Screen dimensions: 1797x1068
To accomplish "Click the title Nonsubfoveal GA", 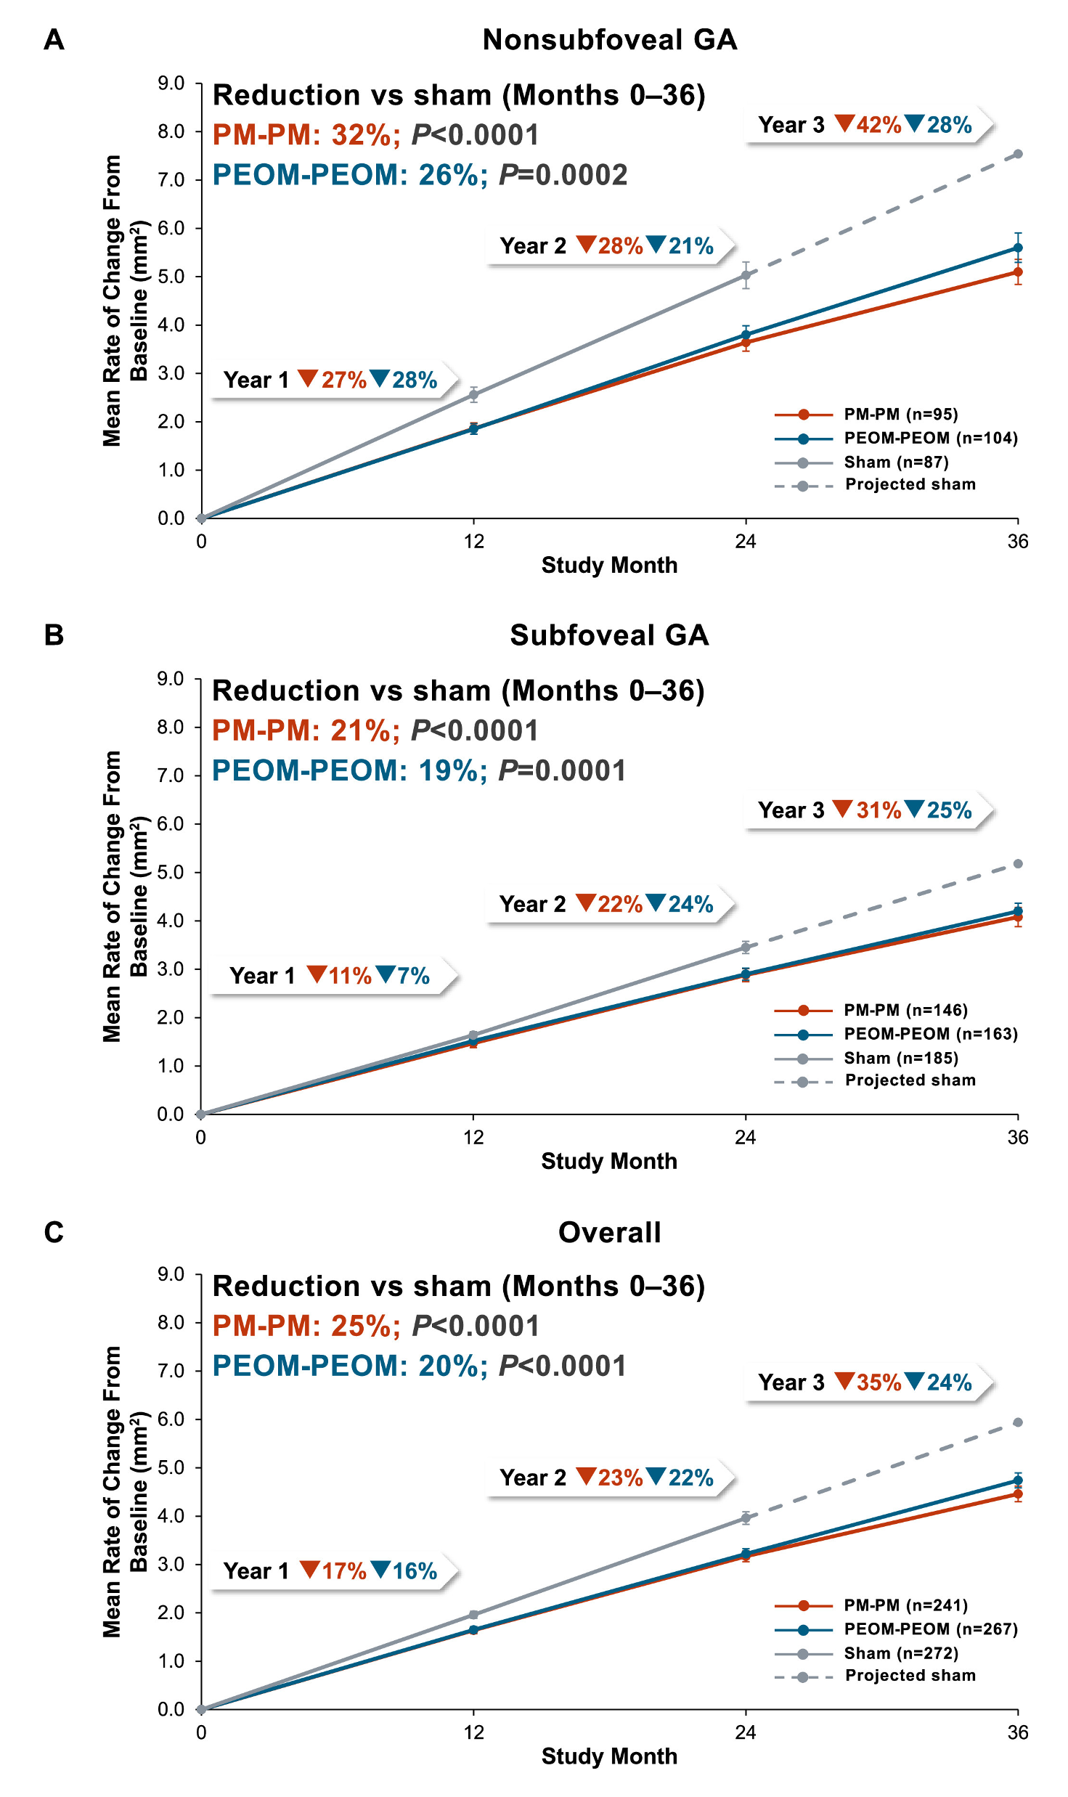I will (x=609, y=40).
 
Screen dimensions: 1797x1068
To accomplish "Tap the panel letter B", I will (x=54, y=635).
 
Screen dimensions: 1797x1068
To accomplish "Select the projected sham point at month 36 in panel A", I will (x=1018, y=154).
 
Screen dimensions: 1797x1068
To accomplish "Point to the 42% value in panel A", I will (x=879, y=125).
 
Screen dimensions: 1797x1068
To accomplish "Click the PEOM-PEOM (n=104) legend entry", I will (x=896, y=439).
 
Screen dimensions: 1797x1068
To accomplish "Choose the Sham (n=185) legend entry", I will (x=867, y=1059).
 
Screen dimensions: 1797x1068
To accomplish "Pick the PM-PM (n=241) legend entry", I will (x=871, y=1605).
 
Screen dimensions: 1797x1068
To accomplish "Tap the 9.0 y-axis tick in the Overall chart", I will (x=171, y=1274).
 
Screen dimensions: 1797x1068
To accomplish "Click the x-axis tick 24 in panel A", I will (x=746, y=542).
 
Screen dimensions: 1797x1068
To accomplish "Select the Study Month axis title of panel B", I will (x=609, y=1161).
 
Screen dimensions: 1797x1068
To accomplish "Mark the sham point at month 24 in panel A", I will (x=746, y=276).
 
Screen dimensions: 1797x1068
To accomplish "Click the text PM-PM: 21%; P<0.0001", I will (x=375, y=730).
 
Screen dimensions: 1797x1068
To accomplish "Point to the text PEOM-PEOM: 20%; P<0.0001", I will (x=419, y=1366).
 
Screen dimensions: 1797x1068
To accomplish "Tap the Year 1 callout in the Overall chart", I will (x=330, y=1571).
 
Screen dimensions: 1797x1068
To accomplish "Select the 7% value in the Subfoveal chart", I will (x=413, y=976).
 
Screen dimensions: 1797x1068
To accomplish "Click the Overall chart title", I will (x=609, y=1232).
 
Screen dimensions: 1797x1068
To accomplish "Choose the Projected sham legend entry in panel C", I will (x=876, y=1676).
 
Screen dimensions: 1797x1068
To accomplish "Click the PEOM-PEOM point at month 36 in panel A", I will (x=1018, y=248).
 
